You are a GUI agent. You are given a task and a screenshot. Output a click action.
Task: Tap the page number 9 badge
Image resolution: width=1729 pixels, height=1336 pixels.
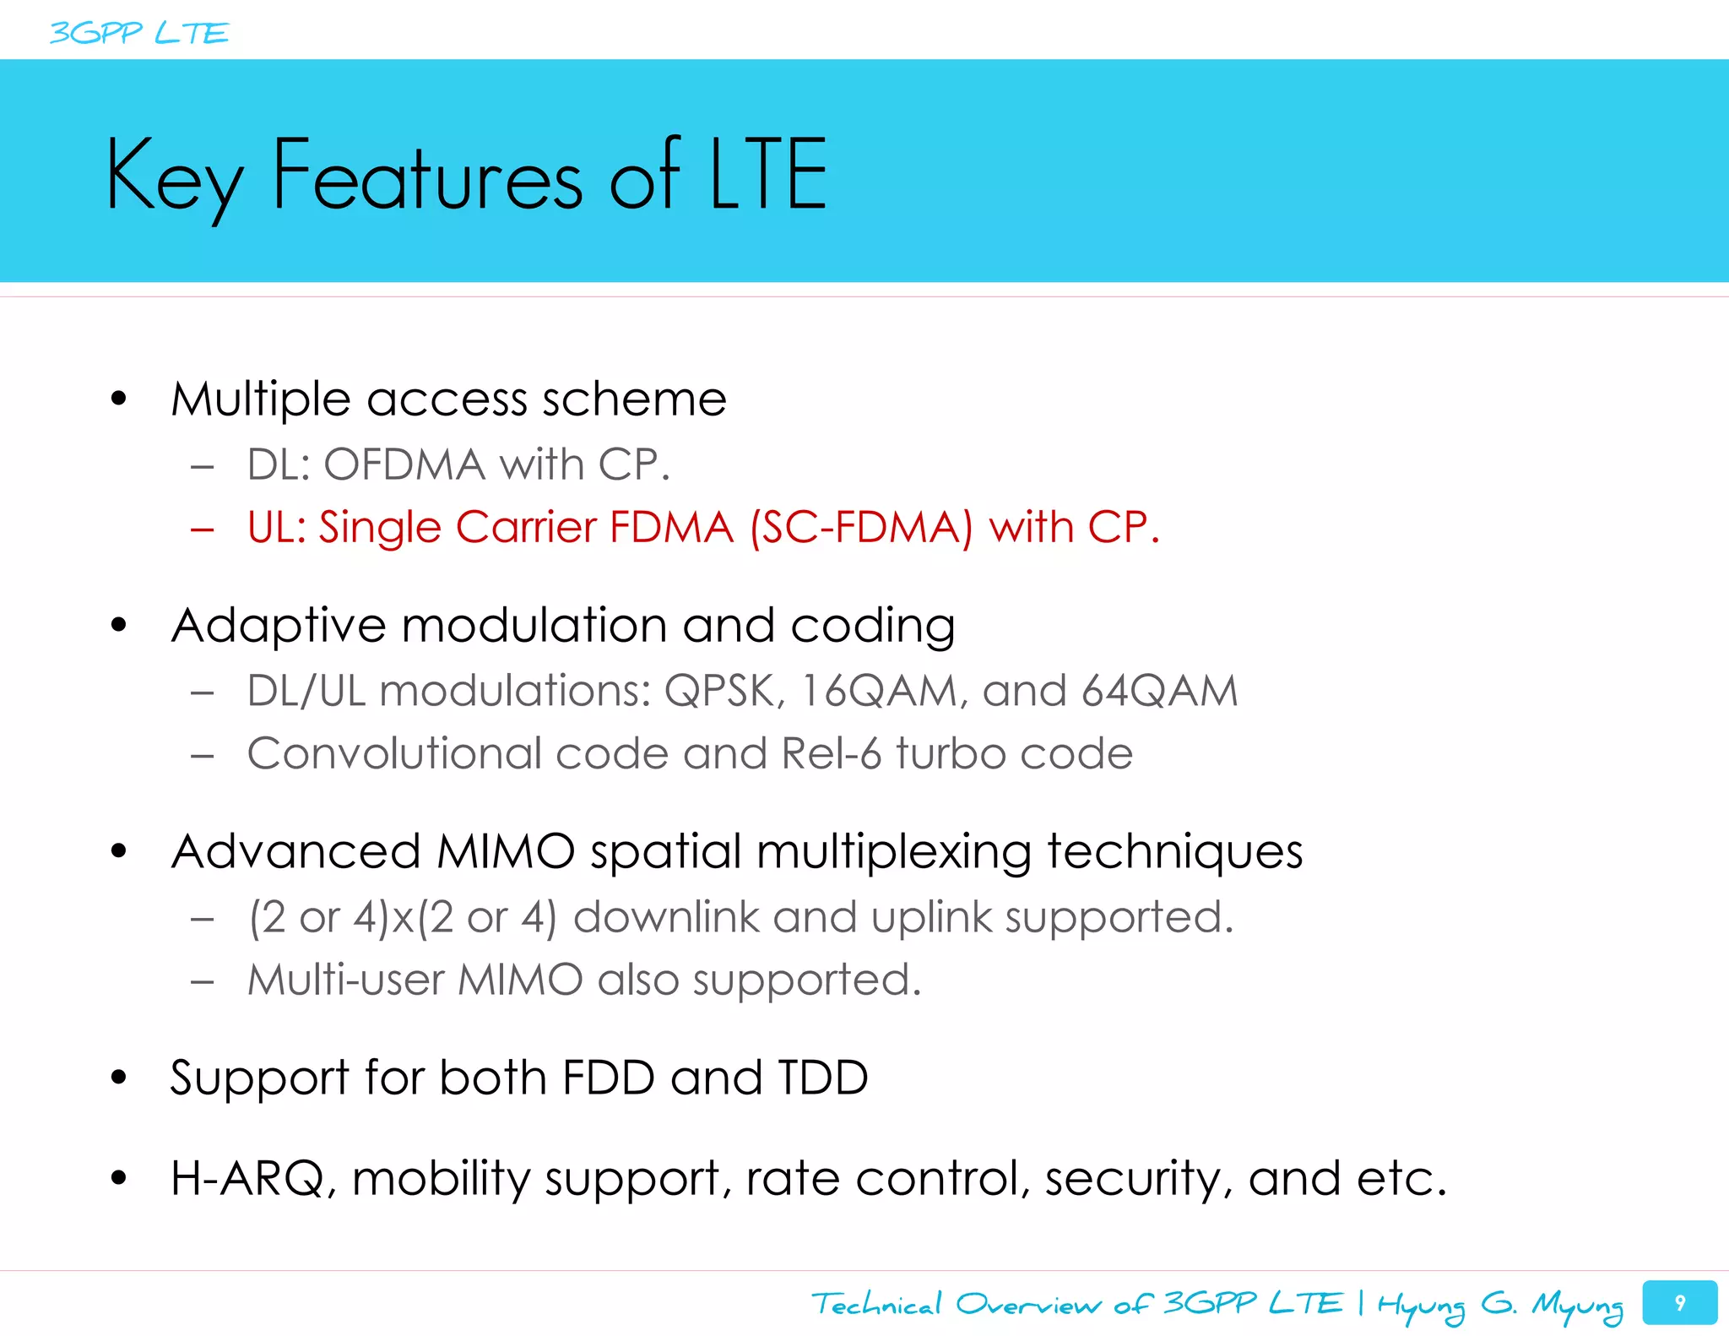pyautogui.click(x=1679, y=1302)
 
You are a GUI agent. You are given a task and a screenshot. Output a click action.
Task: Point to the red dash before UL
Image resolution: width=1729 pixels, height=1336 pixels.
pyautogui.click(x=203, y=530)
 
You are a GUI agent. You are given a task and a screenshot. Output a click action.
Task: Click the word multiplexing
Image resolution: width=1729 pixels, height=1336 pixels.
pyautogui.click(x=894, y=852)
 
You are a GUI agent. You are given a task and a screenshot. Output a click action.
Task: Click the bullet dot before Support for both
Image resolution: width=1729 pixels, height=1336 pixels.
pyautogui.click(x=119, y=1078)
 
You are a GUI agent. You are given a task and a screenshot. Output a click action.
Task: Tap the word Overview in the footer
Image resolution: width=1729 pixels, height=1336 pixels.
pyautogui.click(x=1027, y=1305)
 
